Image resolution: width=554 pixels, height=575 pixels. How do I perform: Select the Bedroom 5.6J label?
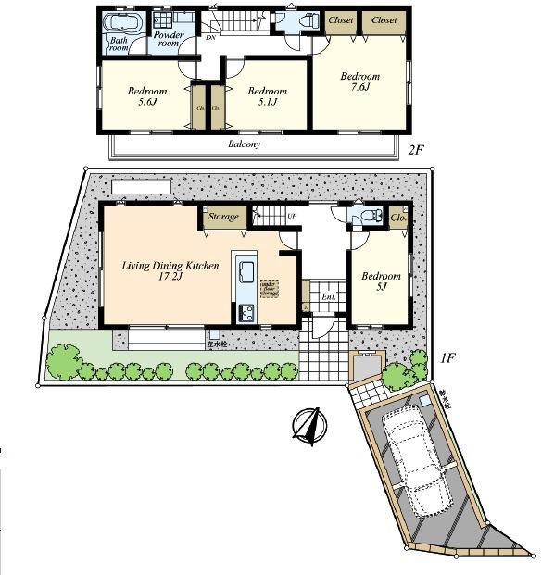click(146, 97)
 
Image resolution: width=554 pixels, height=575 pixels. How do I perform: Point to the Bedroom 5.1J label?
click(266, 97)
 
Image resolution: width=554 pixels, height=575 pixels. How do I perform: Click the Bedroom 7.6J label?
click(359, 81)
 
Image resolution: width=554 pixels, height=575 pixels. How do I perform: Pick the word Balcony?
click(245, 145)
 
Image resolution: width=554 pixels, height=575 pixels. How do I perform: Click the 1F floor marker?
click(446, 356)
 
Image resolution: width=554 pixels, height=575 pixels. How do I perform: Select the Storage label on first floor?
click(223, 218)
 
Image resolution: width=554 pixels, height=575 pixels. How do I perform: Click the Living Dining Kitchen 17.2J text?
click(170, 271)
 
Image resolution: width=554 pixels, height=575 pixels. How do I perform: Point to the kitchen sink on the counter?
click(246, 274)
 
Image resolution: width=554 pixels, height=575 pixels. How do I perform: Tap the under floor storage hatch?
click(269, 289)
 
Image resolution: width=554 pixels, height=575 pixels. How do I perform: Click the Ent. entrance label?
click(328, 297)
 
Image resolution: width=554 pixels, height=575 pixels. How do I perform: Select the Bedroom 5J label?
click(381, 281)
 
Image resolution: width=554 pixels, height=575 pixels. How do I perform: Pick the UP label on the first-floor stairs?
click(293, 216)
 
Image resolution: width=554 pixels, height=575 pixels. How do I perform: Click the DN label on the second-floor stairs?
click(212, 37)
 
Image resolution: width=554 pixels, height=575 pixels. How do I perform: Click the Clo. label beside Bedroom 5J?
click(398, 218)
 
